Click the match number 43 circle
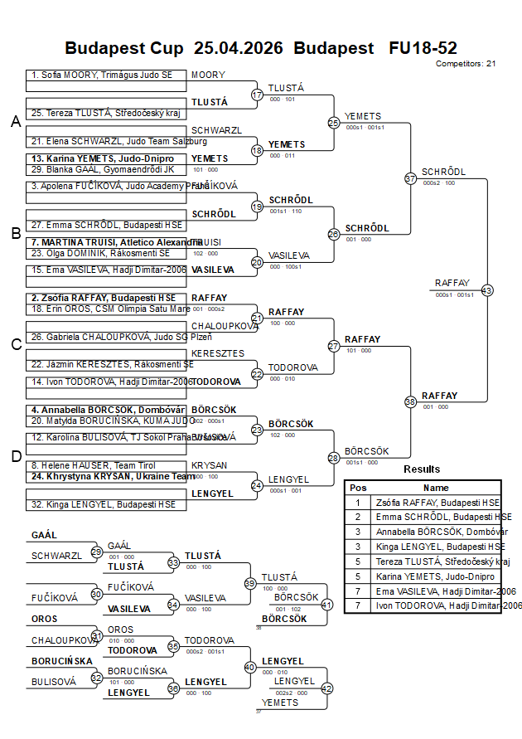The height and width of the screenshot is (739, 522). pyautogui.click(x=487, y=290)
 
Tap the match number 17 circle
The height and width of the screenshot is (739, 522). pyautogui.click(x=257, y=95)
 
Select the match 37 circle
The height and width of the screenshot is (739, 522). pyautogui.click(x=410, y=178)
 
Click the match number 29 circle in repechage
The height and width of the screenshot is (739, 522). pyautogui.click(x=97, y=552)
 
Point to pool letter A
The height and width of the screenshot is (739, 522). pyautogui.click(x=15, y=122)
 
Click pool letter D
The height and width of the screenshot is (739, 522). pyautogui.click(x=15, y=456)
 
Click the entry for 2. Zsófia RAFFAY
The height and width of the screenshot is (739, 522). pyautogui.click(x=104, y=297)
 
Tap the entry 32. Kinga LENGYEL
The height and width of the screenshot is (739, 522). pyautogui.click(x=104, y=504)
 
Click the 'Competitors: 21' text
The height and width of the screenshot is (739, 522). pyautogui.click(x=466, y=63)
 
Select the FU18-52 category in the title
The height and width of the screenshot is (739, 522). pyautogui.click(x=423, y=48)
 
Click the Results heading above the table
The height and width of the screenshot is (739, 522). pyautogui.click(x=422, y=469)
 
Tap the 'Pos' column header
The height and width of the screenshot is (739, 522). pyautogui.click(x=358, y=488)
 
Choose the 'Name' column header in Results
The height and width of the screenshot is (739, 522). pyautogui.click(x=436, y=488)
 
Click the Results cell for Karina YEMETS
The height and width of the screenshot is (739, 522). pyautogui.click(x=436, y=576)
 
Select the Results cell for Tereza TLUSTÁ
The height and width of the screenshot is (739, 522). pyautogui.click(x=436, y=562)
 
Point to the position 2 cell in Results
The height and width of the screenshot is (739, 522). pyautogui.click(x=358, y=517)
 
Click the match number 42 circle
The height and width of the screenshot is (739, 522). pyautogui.click(x=326, y=688)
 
